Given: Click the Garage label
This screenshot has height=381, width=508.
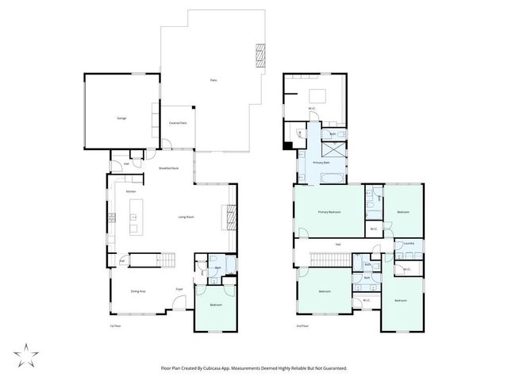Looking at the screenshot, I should click(121, 118).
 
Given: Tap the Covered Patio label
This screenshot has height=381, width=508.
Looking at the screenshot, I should click(178, 123).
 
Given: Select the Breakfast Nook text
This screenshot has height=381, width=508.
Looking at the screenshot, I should click(168, 168).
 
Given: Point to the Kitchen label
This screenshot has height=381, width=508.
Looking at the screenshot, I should click(132, 191).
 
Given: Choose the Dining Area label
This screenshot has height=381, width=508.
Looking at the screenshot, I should click(137, 291).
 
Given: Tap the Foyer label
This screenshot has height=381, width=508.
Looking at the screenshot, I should click(179, 289).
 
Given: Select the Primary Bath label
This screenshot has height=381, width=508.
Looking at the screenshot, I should click(321, 162).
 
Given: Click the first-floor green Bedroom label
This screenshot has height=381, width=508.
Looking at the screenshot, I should click(216, 305).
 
